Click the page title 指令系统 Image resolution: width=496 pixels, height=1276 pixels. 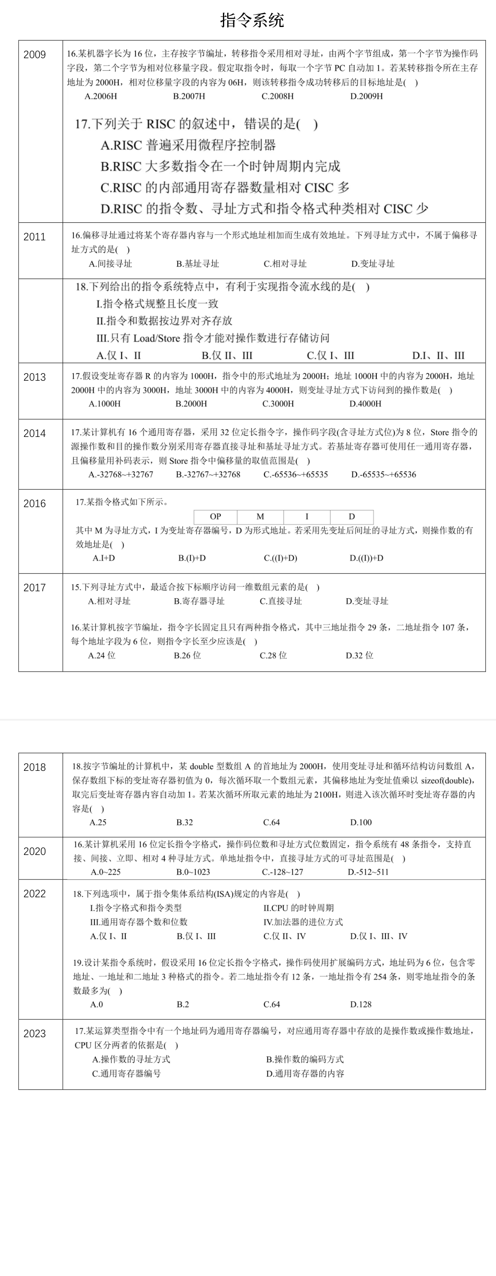coord(252,20)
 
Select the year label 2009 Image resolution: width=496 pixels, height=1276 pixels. coord(35,55)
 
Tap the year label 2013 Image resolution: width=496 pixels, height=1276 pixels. coord(35,377)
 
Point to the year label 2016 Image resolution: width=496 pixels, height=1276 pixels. coord(35,503)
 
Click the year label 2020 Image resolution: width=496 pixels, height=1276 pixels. coord(35,851)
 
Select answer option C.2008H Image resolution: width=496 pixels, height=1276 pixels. coord(277,96)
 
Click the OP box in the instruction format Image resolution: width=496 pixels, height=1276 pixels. coord(215,516)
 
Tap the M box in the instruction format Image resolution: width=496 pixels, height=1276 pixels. coord(260,516)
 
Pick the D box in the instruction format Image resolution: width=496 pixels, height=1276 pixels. coord(352,516)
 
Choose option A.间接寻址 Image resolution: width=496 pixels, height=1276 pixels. coord(110,264)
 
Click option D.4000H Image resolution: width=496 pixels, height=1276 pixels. coord(365,404)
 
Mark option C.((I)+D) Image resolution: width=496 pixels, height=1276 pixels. coord(280,558)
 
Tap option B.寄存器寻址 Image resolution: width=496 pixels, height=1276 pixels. coord(199,601)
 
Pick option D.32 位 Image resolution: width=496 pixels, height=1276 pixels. coord(359,655)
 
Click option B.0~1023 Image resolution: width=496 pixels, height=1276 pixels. coord(193,872)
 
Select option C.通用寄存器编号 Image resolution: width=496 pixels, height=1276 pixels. coord(126,1073)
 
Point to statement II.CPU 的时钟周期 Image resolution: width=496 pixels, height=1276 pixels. coord(298,907)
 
